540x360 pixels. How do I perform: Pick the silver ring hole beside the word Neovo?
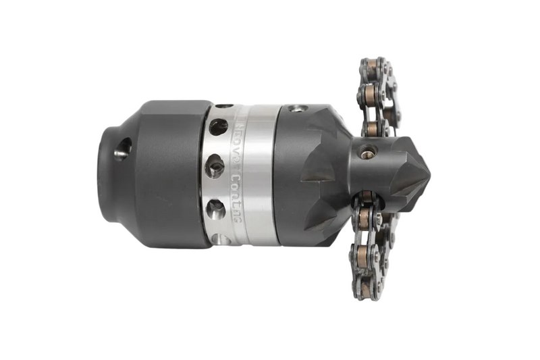point(218,126)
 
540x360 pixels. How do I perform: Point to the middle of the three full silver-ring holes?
point(215,166)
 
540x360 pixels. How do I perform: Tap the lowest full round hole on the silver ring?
point(215,207)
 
